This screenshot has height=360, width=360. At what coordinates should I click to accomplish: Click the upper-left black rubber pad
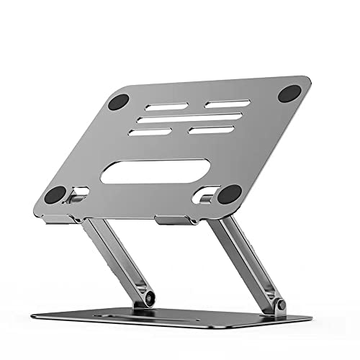[x=117, y=102]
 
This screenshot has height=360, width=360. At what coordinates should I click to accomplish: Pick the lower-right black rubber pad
[x=229, y=194]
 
